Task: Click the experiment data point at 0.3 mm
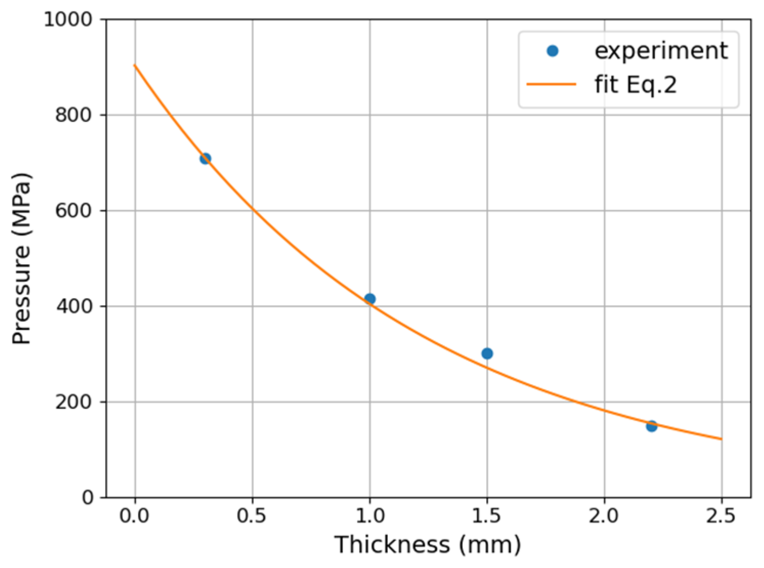coord(205,158)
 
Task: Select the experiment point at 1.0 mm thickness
coord(369,299)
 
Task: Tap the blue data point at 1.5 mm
coord(487,353)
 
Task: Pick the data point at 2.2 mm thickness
coord(651,426)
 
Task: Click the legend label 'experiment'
coord(661,51)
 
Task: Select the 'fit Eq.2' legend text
coord(636,84)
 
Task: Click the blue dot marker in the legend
coord(552,51)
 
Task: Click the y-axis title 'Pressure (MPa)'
coord(21,259)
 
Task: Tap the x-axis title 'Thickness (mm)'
coord(428,544)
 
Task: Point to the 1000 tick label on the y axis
coord(68,19)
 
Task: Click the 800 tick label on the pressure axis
coord(73,115)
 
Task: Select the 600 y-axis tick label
coord(73,211)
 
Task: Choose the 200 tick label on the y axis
coord(73,402)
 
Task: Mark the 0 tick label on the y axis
coord(88,498)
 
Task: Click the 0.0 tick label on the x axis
coord(135,516)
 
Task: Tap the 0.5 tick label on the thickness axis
coord(252,516)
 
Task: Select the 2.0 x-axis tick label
coord(604,516)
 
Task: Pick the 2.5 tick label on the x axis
coord(722,516)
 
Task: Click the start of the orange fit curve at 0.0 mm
coord(135,66)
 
